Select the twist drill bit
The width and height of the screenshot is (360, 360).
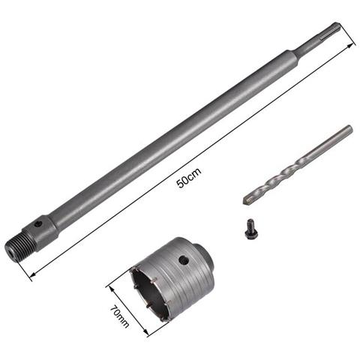tap(297, 164)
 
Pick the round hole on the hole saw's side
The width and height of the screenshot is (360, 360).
tap(183, 261)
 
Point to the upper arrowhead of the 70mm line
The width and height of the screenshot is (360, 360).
tap(110, 284)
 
